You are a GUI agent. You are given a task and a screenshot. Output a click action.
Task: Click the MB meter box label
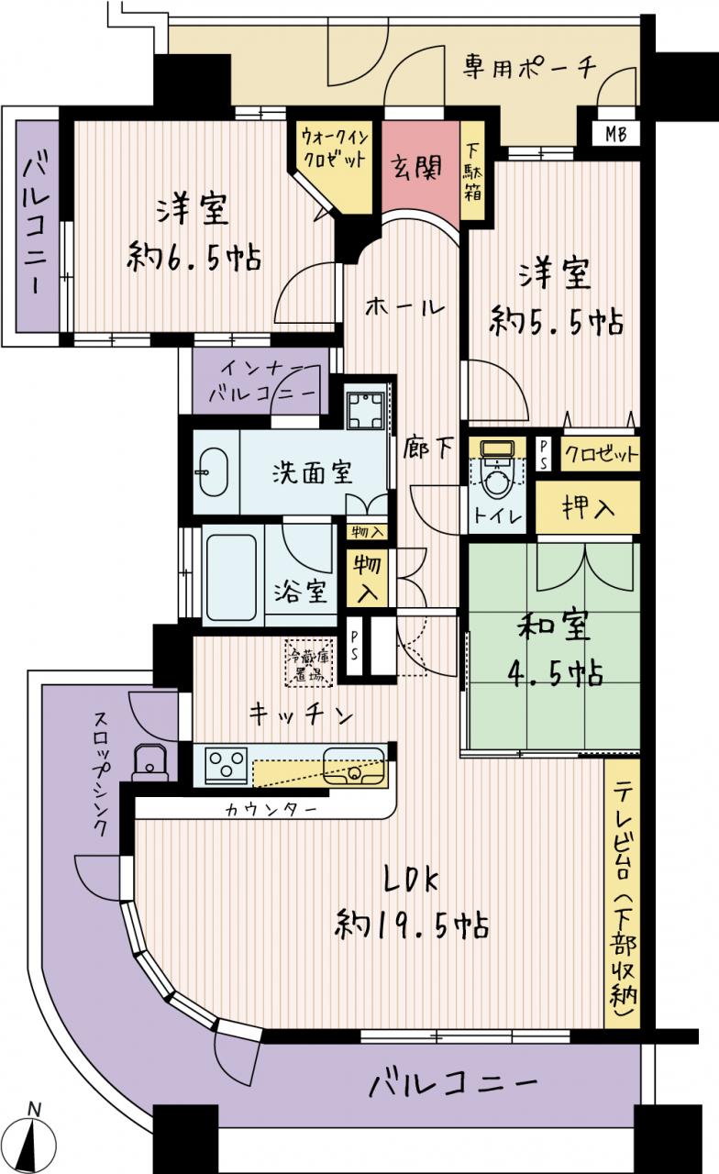click(616, 134)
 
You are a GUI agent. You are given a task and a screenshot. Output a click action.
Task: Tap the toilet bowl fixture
click(497, 471)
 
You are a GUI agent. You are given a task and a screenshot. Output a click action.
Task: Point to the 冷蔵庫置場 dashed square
click(309, 662)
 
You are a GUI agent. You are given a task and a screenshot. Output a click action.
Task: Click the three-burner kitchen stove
click(227, 765)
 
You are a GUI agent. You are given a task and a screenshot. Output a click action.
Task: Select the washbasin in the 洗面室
click(214, 471)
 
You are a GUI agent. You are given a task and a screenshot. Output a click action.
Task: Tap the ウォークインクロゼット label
click(335, 149)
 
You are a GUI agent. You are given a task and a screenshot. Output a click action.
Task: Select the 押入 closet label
click(588, 507)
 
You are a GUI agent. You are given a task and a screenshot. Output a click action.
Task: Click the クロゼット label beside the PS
click(600, 454)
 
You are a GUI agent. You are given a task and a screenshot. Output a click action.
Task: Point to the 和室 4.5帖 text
click(555, 650)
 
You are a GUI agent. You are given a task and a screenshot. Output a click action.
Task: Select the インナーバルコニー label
click(263, 381)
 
